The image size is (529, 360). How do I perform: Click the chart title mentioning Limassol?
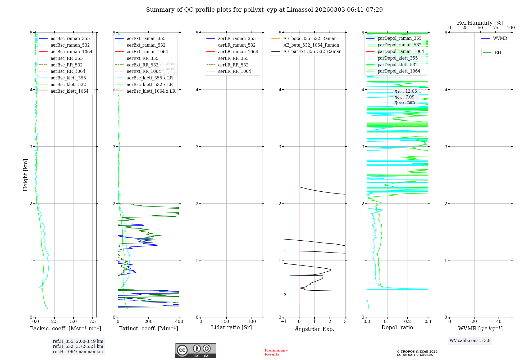pyautogui.click(x=264, y=10)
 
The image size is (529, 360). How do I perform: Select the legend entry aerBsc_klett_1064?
pyautogui.click(x=69, y=91)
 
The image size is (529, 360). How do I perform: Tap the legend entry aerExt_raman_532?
pyautogui.click(x=146, y=45)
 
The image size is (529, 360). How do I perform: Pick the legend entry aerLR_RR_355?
pyautogui.click(x=233, y=58)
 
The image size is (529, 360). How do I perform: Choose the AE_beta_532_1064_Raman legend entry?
pyautogui.click(x=311, y=45)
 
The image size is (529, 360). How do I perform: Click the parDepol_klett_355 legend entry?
pyautogui.click(x=398, y=58)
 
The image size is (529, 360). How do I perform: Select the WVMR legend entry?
pyautogui.click(x=500, y=38)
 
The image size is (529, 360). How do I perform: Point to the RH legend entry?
pyautogui.click(x=498, y=53)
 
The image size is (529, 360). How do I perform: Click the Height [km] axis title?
pyautogui.click(x=25, y=175)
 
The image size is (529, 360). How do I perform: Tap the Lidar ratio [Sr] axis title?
pyautogui.click(x=231, y=327)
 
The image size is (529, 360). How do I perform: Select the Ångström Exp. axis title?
pyautogui.click(x=314, y=329)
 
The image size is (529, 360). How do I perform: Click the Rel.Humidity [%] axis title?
pyautogui.click(x=480, y=23)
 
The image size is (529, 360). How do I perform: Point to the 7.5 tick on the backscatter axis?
pyautogui.click(x=92, y=321)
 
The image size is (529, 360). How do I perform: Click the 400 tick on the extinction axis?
pyautogui.click(x=179, y=321)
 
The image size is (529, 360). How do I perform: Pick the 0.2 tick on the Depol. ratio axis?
pyautogui.click(x=408, y=321)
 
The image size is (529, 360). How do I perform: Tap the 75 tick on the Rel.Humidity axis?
pyautogui.click(x=495, y=28)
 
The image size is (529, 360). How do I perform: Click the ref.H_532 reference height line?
pyautogui.click(x=78, y=346)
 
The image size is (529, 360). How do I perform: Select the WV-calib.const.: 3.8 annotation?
pyautogui.click(x=470, y=340)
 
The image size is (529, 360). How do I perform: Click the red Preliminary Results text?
pyautogui.click(x=276, y=352)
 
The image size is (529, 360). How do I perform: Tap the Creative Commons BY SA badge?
pyautogui.click(x=195, y=350)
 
